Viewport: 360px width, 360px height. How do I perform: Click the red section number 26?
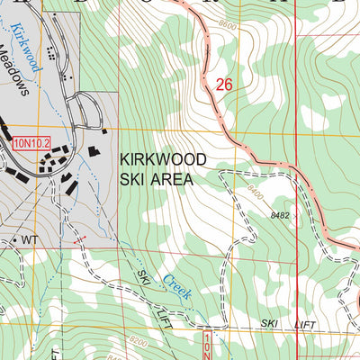pyautogui.click(x=225, y=84)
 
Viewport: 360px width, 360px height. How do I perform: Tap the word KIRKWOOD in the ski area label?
pyautogui.click(x=163, y=159)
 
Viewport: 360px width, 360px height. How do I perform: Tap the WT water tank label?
pyautogui.click(x=30, y=240)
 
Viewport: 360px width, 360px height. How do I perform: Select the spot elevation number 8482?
pyautogui.click(x=279, y=216)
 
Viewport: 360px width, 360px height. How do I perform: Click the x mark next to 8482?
pyautogui.click(x=298, y=216)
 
